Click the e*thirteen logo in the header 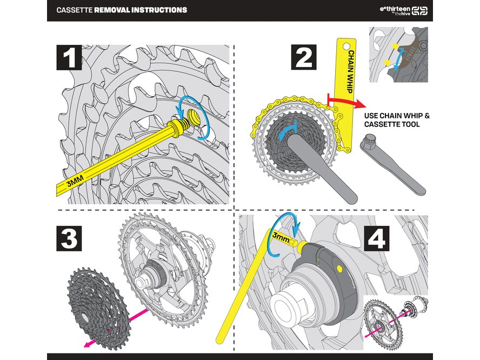point(403,10)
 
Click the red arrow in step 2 point(346,102)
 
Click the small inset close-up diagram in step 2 point(398,56)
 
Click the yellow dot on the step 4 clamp point(339,268)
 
